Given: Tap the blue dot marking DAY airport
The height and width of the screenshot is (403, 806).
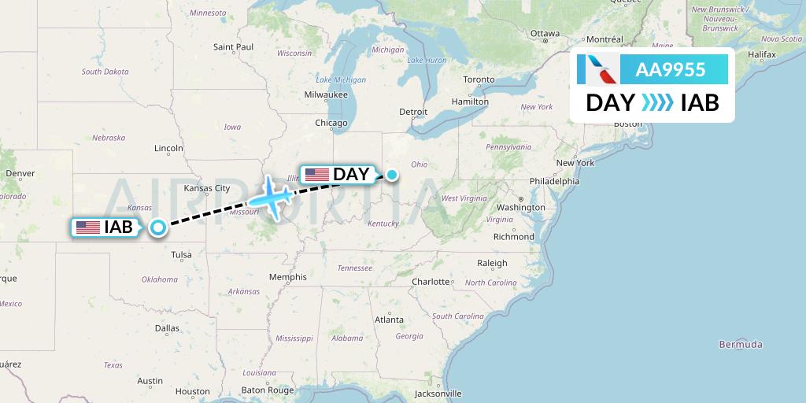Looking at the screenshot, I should [391, 174].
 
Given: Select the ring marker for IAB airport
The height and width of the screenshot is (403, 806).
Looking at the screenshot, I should [158, 227].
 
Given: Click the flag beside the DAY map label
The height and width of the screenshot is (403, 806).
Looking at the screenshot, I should [316, 175].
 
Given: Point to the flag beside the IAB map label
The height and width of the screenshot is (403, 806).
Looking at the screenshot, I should [88, 227].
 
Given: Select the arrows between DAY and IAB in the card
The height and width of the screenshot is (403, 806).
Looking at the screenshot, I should [657, 102].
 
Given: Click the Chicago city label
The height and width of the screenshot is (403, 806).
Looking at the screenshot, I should [331, 123].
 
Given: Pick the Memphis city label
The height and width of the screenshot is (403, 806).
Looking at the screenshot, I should [287, 277].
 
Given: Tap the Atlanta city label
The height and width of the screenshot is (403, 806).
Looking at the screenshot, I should [389, 320].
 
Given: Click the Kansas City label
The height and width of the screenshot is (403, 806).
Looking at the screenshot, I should [206, 188].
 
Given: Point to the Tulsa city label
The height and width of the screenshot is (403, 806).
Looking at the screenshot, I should [181, 254].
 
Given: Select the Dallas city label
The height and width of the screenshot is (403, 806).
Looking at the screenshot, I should [167, 328].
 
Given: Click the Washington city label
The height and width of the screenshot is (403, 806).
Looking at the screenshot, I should [520, 207].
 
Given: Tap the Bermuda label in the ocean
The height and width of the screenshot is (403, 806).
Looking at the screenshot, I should [740, 344].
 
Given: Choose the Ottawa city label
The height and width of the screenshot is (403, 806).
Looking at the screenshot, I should [545, 33].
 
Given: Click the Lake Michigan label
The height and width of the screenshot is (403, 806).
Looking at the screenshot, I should [341, 79].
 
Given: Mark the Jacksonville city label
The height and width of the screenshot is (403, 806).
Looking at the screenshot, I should [438, 393].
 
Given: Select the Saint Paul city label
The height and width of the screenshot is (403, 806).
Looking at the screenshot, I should [233, 47].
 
